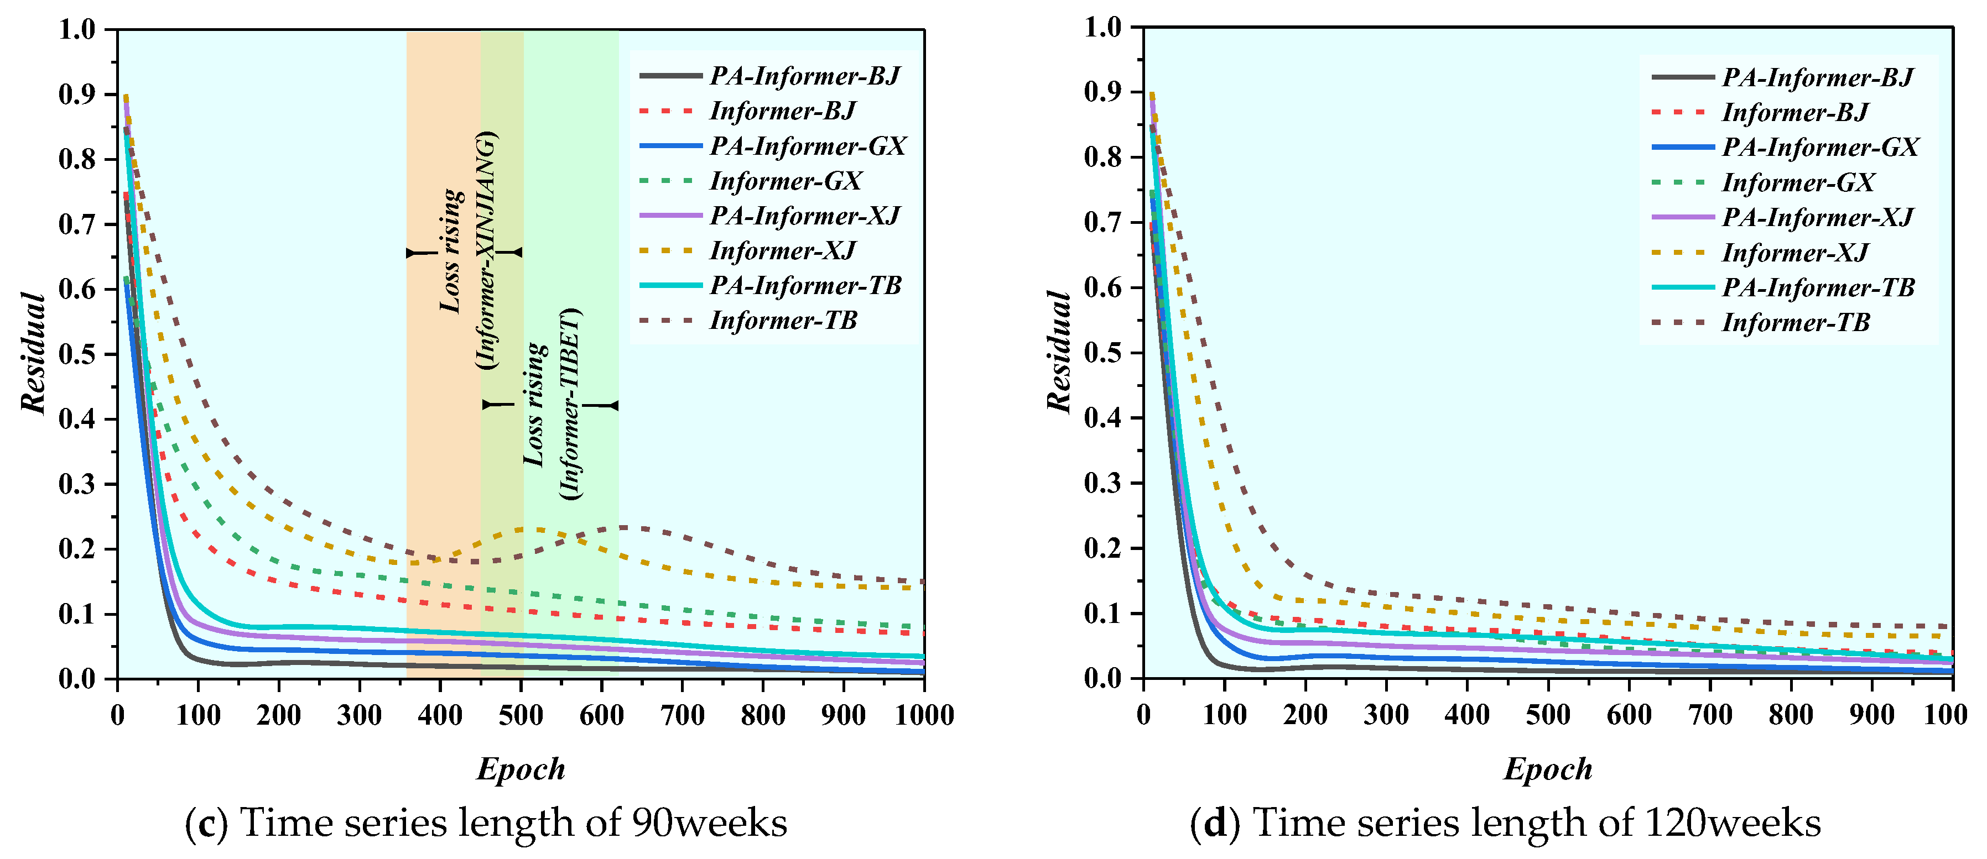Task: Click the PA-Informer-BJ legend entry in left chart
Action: pos(804,76)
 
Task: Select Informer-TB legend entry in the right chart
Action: pos(1795,322)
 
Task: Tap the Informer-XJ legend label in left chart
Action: pos(782,250)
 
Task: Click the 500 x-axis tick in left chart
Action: pos(521,715)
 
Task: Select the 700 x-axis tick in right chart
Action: pos(1710,715)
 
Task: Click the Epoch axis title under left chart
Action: pos(521,769)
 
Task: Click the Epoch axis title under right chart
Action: pos(1547,769)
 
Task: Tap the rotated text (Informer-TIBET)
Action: pos(571,404)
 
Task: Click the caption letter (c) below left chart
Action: pos(207,824)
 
